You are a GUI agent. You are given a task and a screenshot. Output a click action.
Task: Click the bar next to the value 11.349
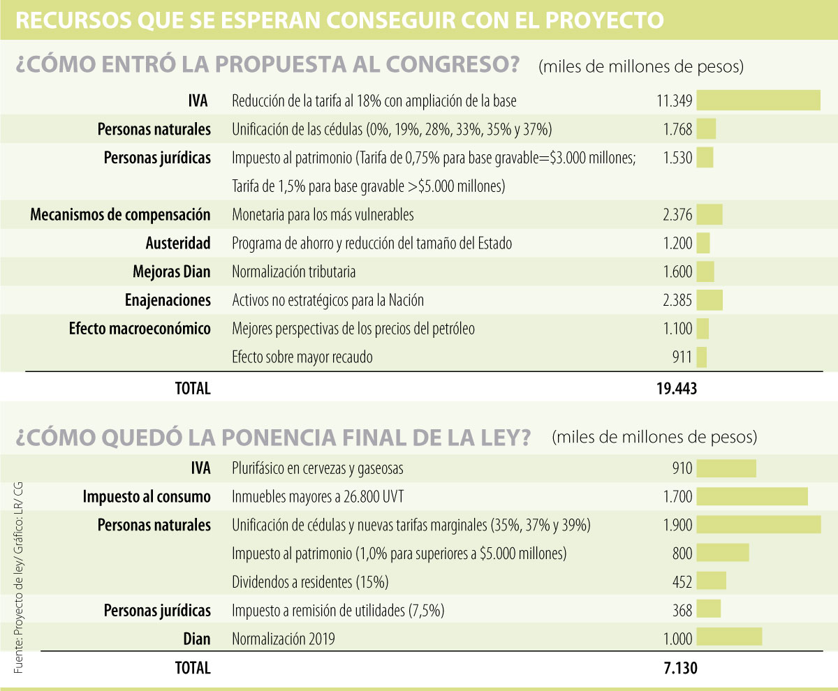758,101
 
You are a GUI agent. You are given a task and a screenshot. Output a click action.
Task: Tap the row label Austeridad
178,243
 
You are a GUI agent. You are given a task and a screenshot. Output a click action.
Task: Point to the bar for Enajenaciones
710,300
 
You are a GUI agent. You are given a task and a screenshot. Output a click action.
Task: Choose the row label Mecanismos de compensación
120,214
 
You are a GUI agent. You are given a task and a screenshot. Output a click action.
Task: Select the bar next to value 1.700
752,497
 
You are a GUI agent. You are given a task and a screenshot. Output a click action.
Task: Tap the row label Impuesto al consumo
147,497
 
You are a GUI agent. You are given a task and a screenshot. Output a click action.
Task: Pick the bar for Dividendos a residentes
712,581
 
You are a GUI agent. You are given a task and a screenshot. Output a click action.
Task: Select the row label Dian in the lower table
196,639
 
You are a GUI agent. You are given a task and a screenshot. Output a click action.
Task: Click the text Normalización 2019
284,639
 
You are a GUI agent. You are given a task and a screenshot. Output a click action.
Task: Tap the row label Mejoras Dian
171,272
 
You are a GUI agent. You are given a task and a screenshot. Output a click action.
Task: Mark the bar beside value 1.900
758,525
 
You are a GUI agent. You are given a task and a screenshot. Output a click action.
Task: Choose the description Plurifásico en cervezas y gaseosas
317,468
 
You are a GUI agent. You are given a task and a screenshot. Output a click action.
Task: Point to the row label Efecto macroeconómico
140,329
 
